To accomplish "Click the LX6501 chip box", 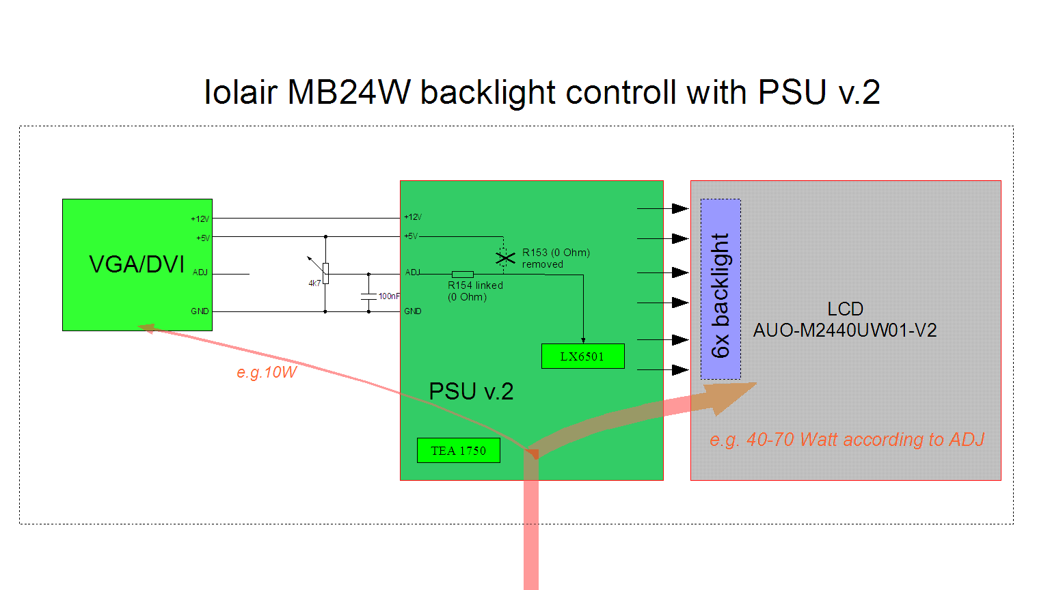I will tap(582, 356).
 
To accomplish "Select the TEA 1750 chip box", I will tap(458, 451).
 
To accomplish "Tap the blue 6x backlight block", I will tap(720, 289).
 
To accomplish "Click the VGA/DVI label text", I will tap(137, 264).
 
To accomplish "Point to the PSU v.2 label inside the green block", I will tap(471, 391).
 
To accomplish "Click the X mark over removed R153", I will tap(505, 257).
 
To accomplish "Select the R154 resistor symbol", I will tap(463, 275).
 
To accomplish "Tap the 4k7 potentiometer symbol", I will tap(325, 272).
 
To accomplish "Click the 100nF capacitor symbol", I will tap(368, 296).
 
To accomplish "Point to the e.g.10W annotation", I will tap(267, 373).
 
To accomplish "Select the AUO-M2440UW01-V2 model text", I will tap(845, 331).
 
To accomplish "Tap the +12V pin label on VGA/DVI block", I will tap(200, 219).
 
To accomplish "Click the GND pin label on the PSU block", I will tap(413, 311).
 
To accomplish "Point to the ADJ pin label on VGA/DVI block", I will tap(200, 272).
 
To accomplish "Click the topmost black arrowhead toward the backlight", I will tap(679, 208).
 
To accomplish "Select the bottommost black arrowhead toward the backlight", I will tap(679, 370).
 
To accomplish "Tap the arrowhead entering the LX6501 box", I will tap(583, 339).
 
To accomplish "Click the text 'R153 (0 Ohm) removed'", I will tap(556, 258).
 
